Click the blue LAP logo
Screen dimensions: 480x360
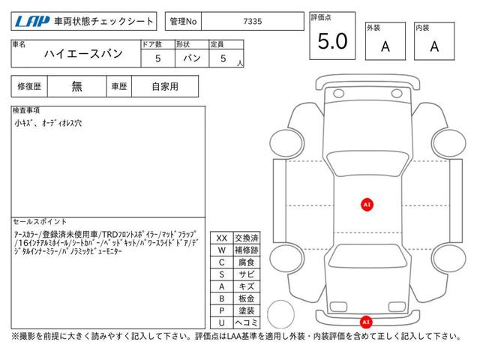coord(32,21)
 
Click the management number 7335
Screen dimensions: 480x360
coord(253,22)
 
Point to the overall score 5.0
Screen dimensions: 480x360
coord(333,41)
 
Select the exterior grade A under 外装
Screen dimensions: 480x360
coord(385,46)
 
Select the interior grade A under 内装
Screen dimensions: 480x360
coord(434,46)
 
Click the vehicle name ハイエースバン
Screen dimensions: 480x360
coord(83,54)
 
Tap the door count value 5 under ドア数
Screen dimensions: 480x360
coord(158,58)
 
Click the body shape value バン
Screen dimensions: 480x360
coord(192,58)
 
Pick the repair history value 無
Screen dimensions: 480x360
coord(76,87)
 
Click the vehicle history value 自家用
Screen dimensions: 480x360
coord(165,87)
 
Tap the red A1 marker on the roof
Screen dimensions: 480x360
coord(367,205)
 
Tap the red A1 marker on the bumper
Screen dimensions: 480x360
coord(366,322)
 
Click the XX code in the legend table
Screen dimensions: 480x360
coord(222,238)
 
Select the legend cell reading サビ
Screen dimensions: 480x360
coord(247,274)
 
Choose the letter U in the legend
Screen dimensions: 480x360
coord(222,322)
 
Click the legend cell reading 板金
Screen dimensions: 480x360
coord(247,298)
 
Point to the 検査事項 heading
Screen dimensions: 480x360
coord(26,110)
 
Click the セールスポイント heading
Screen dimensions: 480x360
coord(40,221)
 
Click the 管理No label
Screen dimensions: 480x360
coord(183,22)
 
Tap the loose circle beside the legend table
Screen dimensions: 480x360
coord(268,314)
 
